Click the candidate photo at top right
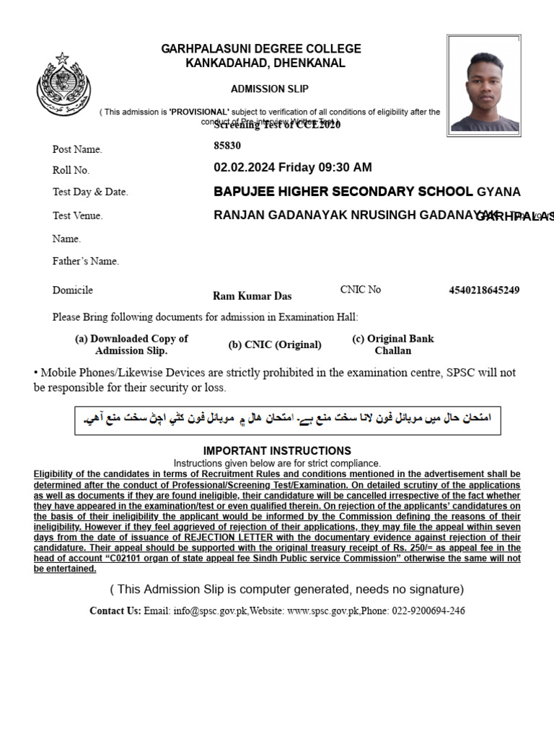[483, 84]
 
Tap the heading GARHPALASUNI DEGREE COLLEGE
[261, 49]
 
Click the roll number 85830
[227, 146]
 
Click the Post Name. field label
[77, 149]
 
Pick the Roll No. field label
[71, 170]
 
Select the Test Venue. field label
[78, 215]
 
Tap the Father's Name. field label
[86, 261]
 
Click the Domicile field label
[73, 290]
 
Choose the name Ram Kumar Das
[252, 295]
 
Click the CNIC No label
[361, 290]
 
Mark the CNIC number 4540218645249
[484, 290]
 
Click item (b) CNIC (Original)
[275, 344]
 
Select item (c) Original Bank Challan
[393, 344]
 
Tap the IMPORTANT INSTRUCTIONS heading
[277, 450]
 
